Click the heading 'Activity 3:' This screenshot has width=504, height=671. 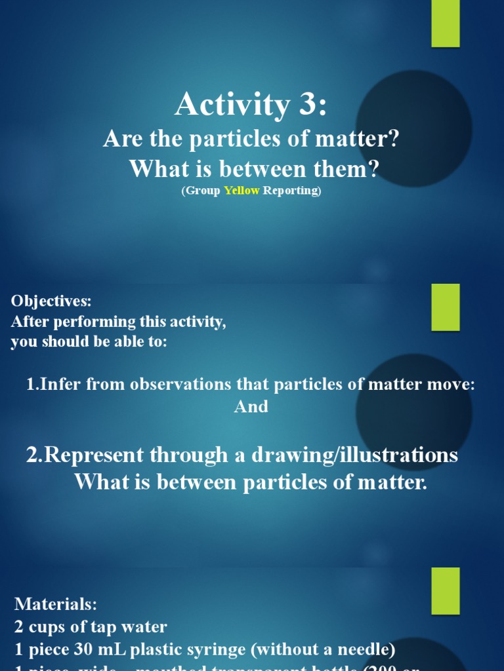pyautogui.click(x=250, y=105)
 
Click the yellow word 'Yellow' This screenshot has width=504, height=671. pyautogui.click(x=242, y=191)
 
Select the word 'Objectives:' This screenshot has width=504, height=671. pyautogui.click(x=51, y=301)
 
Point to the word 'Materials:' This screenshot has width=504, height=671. pyautogui.click(x=56, y=604)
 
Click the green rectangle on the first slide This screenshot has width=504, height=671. pyautogui.click(x=445, y=24)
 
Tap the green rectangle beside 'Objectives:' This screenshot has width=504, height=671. pyautogui.click(x=445, y=307)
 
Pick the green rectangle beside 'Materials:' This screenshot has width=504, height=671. pyautogui.click(x=445, y=591)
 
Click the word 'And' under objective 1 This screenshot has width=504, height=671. pyautogui.click(x=251, y=407)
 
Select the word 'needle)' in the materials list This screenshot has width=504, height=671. pyautogui.click(x=365, y=650)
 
